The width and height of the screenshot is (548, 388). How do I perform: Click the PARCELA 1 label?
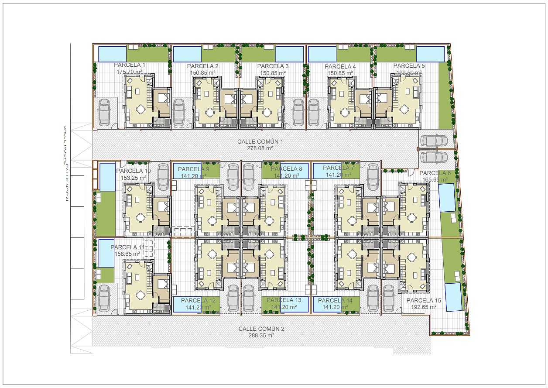click(x=130, y=65)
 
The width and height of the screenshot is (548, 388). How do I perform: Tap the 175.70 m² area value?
click(x=130, y=72)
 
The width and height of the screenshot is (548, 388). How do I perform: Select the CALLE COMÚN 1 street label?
click(x=260, y=141)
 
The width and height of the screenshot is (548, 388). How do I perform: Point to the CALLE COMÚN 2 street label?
click(x=261, y=329)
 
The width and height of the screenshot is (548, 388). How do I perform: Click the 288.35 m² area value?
click(x=261, y=336)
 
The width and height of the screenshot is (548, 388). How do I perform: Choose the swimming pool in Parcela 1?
click(x=112, y=54)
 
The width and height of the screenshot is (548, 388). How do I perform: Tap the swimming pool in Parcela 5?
click(x=430, y=54)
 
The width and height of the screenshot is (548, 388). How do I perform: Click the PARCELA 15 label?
click(x=424, y=300)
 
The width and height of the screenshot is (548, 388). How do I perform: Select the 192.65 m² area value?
click(x=424, y=307)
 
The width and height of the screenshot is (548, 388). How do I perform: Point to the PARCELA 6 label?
click(x=435, y=173)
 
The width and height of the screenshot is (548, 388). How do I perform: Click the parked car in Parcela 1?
click(x=104, y=112)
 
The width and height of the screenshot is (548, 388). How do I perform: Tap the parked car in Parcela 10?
click(x=163, y=177)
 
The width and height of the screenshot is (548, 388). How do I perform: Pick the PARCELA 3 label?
click(x=273, y=66)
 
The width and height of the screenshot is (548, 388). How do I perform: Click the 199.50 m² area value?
click(x=409, y=72)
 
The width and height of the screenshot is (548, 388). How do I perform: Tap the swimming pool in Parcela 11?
click(x=106, y=253)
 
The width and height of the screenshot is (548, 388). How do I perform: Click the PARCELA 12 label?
click(x=198, y=300)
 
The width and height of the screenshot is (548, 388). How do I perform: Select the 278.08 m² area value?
click(x=260, y=148)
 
